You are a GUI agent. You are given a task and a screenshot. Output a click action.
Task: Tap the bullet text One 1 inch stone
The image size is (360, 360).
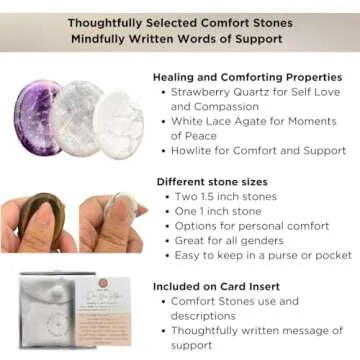[x=219, y=211]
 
